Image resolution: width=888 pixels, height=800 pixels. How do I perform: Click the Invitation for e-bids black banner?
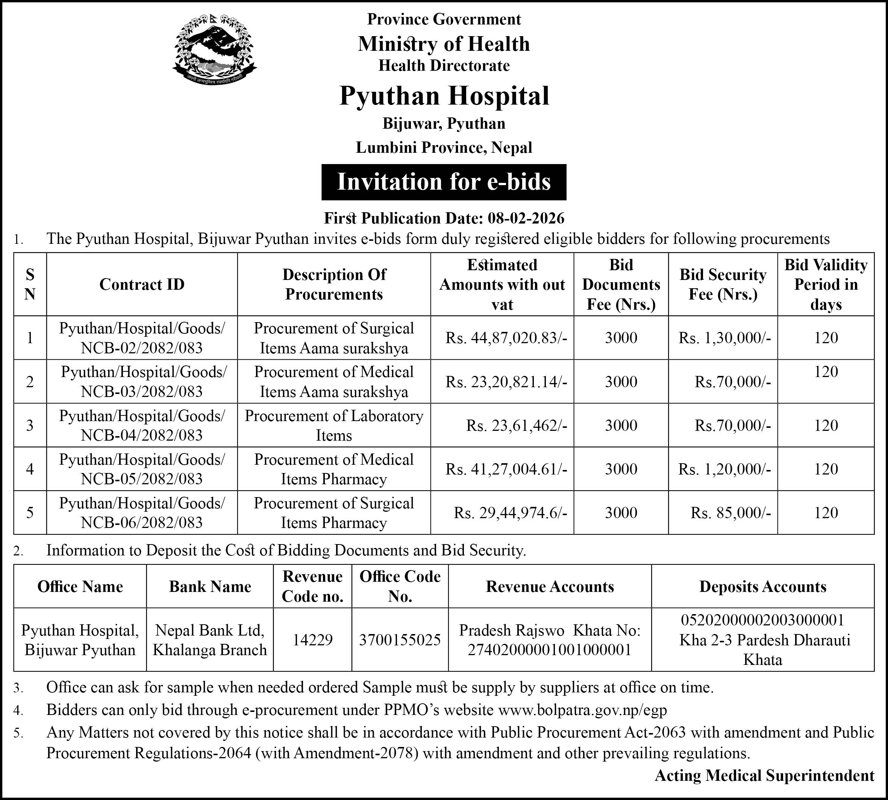point(444,182)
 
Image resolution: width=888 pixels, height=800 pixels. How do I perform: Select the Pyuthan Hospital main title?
point(444,96)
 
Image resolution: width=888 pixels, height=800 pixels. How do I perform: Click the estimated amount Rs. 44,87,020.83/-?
point(506,338)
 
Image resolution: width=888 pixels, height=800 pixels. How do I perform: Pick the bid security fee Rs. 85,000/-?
point(730,513)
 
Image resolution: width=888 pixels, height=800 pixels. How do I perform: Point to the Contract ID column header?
point(142,284)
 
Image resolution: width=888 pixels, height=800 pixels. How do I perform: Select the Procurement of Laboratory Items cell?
point(334,426)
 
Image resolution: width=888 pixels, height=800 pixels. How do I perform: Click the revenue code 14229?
point(312,640)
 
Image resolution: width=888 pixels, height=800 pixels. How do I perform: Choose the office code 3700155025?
point(400,640)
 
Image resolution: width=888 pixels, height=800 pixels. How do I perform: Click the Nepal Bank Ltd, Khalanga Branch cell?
point(210,640)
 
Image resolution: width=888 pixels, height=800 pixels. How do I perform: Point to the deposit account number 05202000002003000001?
point(762,620)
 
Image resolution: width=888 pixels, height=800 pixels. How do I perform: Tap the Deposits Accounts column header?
point(762,587)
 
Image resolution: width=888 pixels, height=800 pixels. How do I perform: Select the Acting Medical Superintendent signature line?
point(764,776)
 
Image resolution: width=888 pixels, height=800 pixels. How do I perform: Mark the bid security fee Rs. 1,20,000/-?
point(724,469)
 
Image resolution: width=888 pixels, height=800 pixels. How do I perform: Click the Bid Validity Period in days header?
point(826,284)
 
